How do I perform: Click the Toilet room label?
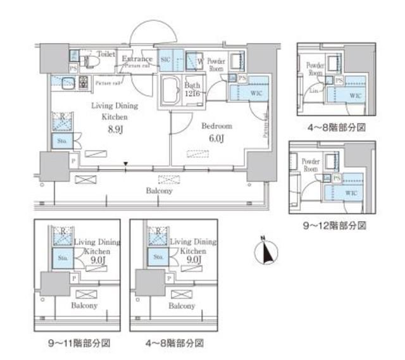(x=106, y=55)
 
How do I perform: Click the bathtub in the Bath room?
(x=171, y=91)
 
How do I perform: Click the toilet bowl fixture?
(x=90, y=61)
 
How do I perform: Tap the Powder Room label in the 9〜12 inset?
(x=311, y=165)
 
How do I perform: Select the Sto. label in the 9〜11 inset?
(x=62, y=258)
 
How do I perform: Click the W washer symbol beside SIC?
(x=200, y=61)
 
